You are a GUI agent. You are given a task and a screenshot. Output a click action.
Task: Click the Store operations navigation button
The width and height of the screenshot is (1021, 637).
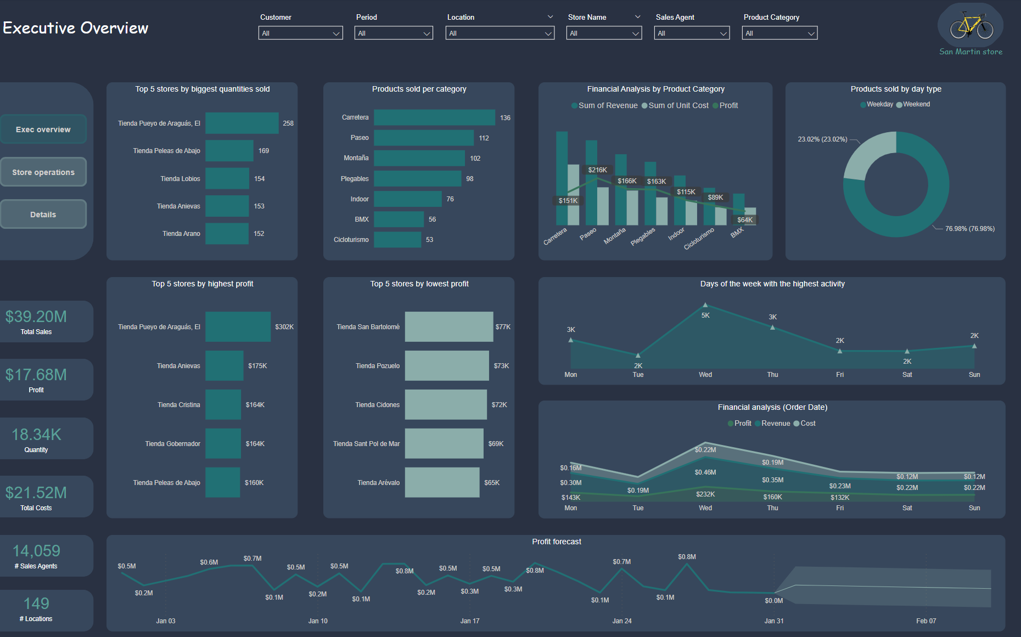43,172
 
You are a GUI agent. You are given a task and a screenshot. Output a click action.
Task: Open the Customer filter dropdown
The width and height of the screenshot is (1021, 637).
300,33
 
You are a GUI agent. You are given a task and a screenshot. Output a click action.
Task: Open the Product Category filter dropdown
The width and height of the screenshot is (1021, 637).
779,33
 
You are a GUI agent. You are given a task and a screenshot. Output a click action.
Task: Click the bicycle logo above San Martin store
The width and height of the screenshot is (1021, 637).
971,26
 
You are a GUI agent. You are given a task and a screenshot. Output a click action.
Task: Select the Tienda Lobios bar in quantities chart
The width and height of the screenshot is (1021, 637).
227,178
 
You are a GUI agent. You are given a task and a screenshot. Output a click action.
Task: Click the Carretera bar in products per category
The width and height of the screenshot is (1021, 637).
434,117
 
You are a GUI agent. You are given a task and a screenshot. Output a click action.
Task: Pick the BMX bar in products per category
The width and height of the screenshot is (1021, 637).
399,219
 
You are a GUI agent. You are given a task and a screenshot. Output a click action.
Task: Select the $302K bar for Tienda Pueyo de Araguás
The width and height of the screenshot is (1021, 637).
238,326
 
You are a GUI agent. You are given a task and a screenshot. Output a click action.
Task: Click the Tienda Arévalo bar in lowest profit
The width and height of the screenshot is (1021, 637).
442,482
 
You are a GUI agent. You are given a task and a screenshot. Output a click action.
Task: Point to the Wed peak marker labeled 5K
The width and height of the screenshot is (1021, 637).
705,305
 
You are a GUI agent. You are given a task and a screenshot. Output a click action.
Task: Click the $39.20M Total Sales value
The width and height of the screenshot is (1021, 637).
36,317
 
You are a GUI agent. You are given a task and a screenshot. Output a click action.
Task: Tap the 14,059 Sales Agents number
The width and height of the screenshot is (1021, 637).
36,551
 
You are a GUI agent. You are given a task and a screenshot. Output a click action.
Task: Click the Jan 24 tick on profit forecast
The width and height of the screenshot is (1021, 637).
622,621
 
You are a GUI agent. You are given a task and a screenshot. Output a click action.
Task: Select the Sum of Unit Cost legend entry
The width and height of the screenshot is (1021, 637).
675,105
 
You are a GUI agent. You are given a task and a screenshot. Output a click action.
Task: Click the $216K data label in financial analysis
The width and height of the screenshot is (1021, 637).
598,170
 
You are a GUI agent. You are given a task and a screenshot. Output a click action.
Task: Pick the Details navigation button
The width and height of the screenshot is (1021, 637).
43,214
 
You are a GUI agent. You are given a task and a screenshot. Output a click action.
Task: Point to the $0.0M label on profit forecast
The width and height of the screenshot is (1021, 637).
774,601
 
